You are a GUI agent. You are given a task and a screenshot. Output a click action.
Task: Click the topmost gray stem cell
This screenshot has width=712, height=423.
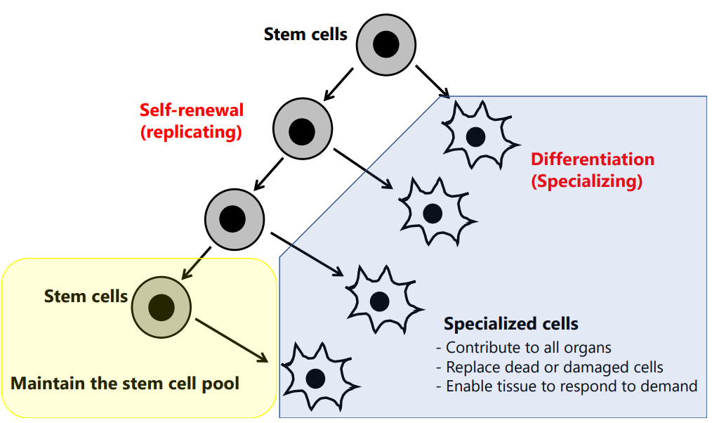point(385,45)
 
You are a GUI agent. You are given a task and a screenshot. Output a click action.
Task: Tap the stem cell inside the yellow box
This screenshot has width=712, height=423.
point(161,305)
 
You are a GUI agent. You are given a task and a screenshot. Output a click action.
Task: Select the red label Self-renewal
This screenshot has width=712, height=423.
point(191,110)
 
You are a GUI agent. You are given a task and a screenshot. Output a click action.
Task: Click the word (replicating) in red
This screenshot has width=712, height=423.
point(191,131)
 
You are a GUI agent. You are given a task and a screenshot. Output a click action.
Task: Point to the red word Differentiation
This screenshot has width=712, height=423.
point(592,160)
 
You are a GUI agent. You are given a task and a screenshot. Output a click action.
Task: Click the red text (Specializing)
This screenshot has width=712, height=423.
point(586,181)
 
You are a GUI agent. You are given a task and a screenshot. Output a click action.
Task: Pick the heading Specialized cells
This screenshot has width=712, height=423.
point(511,324)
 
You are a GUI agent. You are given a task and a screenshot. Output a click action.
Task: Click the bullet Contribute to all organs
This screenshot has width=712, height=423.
point(523,347)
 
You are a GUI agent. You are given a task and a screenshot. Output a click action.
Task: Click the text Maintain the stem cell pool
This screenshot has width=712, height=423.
point(125,384)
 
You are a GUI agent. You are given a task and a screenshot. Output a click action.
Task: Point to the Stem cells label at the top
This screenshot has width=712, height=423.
point(305,34)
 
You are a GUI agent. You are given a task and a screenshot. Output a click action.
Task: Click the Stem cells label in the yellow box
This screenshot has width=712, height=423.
point(86,296)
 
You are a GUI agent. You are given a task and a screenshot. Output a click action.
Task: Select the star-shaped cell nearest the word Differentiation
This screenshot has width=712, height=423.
point(475,134)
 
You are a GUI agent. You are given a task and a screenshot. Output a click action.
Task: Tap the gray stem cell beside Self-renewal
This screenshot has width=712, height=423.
point(302,129)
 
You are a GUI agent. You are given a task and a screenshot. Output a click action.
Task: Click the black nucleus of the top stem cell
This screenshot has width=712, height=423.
point(385,45)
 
